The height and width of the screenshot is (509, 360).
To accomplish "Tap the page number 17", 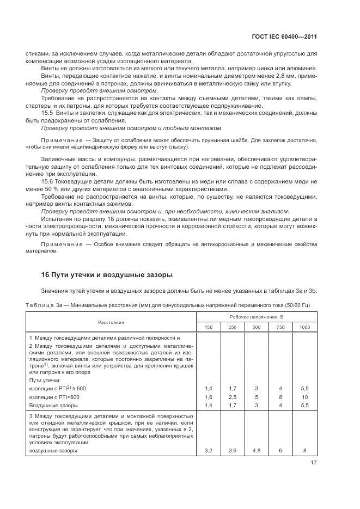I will click(x=313, y=463).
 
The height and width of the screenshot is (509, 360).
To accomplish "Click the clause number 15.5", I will click(x=48, y=113).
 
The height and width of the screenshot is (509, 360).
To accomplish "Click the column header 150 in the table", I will click(x=209, y=327).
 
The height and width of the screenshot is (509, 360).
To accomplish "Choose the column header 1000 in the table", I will click(x=304, y=327).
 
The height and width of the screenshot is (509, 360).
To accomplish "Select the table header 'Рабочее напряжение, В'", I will click(x=257, y=316).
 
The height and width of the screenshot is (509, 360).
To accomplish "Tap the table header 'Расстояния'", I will click(x=111, y=322).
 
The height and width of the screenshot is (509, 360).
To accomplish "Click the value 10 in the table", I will click(x=304, y=397).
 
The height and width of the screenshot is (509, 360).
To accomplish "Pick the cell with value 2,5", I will click(x=233, y=397).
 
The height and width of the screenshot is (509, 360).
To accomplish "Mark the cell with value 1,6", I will click(x=209, y=397).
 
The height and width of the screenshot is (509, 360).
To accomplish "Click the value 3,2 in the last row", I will click(x=209, y=451).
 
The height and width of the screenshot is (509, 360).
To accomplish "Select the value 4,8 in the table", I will click(x=257, y=451).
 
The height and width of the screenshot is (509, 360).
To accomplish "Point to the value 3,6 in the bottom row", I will click(x=233, y=451).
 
